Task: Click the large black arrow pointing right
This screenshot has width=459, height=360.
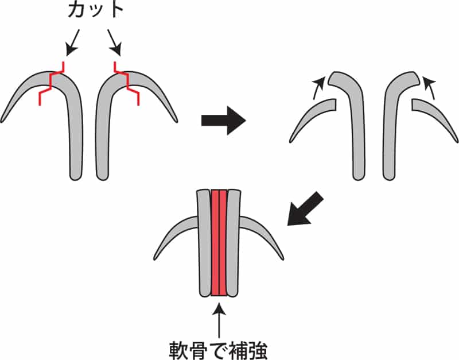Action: click(223, 121)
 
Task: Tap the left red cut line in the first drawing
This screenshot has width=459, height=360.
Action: click(50, 83)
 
